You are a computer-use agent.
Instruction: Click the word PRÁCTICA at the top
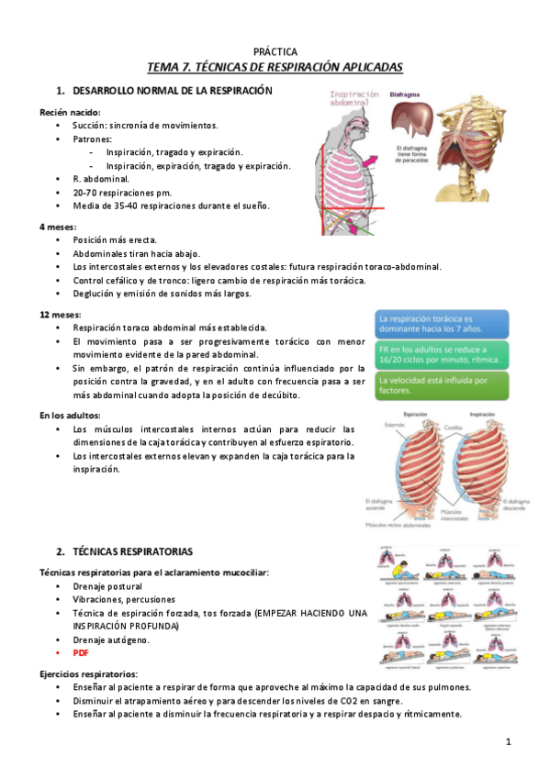pos(275,52)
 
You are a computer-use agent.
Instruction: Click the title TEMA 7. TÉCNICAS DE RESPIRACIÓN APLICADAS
pos(275,68)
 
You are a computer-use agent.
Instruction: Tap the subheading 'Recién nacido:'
pos(70,111)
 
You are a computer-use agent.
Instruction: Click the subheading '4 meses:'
pos(57,226)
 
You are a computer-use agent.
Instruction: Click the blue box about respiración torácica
pos(442,323)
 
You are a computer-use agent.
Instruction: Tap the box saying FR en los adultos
pos(442,354)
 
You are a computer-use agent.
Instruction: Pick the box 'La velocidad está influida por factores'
pos(442,385)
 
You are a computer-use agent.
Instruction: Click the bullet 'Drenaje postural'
pos(107,585)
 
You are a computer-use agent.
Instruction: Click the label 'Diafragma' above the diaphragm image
pos(406,94)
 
